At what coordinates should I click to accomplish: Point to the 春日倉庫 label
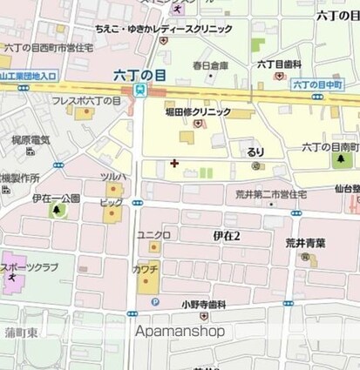(x=187, y=65)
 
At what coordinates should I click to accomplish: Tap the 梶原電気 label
(x=31, y=139)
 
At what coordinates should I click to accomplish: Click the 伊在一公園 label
(x=56, y=198)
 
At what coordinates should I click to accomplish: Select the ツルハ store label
(x=113, y=176)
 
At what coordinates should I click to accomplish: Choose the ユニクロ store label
(x=153, y=235)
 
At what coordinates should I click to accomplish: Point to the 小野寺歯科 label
(x=204, y=304)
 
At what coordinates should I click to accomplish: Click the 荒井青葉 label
(x=306, y=245)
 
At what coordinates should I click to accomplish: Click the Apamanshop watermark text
(x=180, y=332)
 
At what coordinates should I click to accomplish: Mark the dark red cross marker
(x=174, y=163)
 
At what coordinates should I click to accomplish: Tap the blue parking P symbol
(x=155, y=302)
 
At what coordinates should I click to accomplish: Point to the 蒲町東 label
(x=19, y=333)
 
